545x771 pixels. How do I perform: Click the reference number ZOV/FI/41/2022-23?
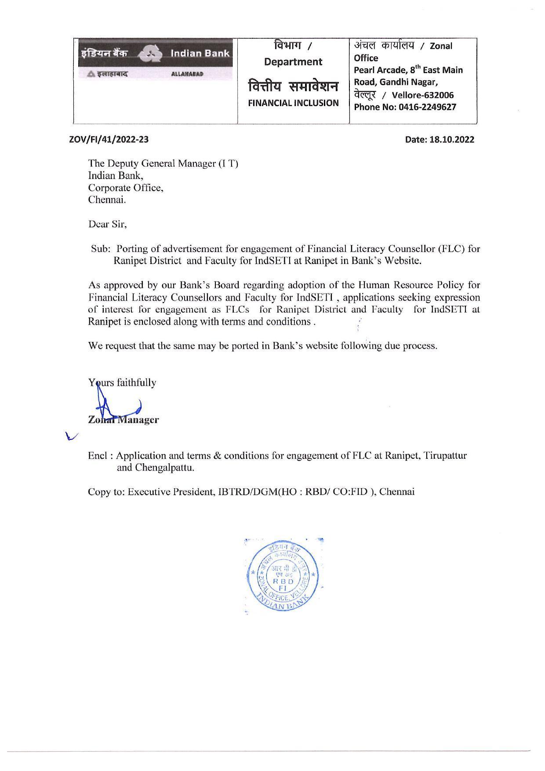tap(109, 140)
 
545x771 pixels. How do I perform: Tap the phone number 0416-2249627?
tap(427, 107)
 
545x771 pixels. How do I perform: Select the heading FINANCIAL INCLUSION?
tap(293, 103)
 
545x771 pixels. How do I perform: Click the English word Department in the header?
tap(293, 62)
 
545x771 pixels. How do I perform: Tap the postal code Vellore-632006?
tap(423, 95)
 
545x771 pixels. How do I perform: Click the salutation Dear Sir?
tap(107, 224)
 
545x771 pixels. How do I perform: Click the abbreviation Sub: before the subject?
tap(100, 248)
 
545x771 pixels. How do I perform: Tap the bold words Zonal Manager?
tap(124, 420)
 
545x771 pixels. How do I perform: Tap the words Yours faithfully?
tap(122, 383)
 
